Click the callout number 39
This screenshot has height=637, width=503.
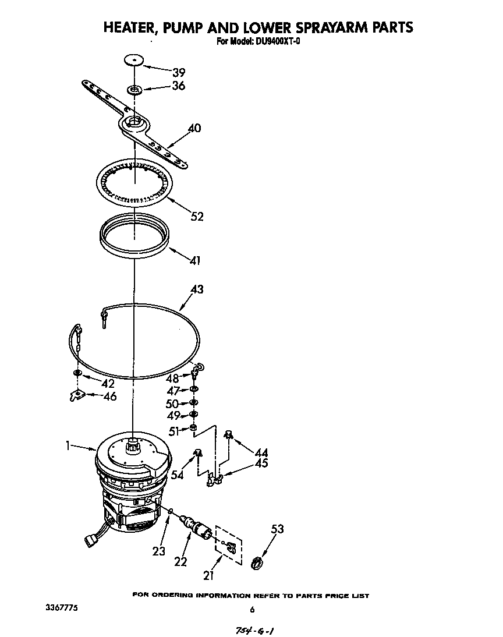178,72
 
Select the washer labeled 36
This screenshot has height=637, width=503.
134,90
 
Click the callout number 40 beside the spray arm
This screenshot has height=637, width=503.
194,128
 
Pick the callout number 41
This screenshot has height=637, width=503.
195,260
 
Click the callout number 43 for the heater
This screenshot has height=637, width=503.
197,289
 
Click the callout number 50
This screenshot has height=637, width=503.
173,404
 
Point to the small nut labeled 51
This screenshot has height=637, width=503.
193,429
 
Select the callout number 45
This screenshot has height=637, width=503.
261,463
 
